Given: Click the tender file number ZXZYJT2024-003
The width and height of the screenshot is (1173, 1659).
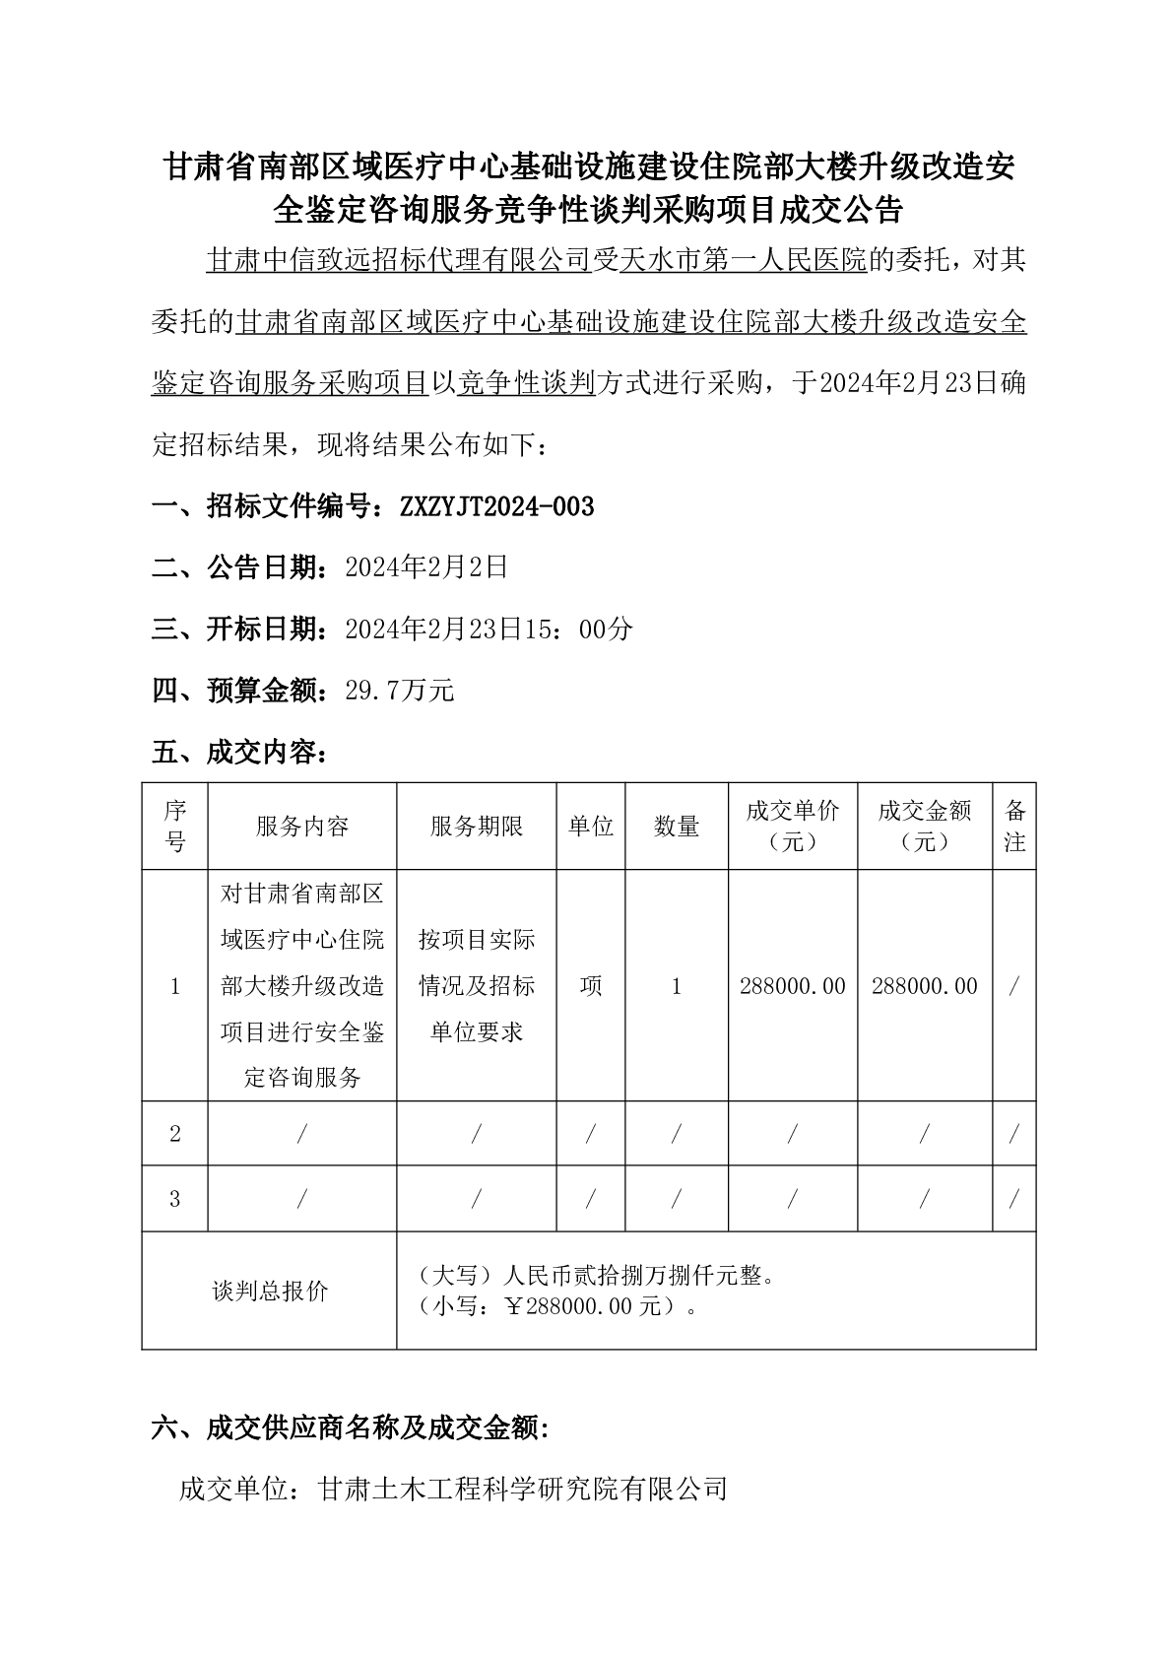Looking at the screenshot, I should coord(496,506).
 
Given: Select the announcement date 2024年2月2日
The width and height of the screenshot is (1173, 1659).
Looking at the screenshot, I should coord(425,566).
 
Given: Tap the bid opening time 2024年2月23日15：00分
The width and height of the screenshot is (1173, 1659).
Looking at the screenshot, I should coord(489,629).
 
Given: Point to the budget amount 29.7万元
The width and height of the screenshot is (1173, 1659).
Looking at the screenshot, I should coord(399,691).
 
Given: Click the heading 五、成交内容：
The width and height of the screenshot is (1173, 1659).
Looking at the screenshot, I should coord(239,753).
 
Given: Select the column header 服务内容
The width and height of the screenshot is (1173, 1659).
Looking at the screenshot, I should coord(302,827).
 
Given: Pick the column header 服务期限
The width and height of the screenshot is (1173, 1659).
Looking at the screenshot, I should coord(477,827).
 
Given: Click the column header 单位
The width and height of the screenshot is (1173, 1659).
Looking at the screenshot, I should coord(591,827).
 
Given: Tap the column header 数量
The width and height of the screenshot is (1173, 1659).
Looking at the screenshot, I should coord(677,827).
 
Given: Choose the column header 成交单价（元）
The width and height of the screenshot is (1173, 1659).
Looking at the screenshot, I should coord(793,827).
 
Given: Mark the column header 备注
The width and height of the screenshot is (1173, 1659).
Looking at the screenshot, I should coord(1014,827).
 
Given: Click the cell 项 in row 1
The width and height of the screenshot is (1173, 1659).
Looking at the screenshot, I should coord(591,986).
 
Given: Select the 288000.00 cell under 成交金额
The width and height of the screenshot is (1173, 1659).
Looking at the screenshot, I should coord(925,986).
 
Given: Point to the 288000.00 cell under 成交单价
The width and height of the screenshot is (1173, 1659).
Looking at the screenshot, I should coord(793,986).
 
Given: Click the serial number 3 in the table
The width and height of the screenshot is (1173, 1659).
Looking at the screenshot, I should coord(175,1199).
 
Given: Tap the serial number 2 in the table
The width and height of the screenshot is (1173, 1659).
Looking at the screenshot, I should coord(175,1134).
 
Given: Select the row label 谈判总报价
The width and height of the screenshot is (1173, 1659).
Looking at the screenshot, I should coord(270,1291).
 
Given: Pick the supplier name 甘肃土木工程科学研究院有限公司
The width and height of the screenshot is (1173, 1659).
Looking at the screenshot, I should coord(523,1488).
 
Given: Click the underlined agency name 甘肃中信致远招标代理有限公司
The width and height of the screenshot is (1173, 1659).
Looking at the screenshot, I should coord(398,260).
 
